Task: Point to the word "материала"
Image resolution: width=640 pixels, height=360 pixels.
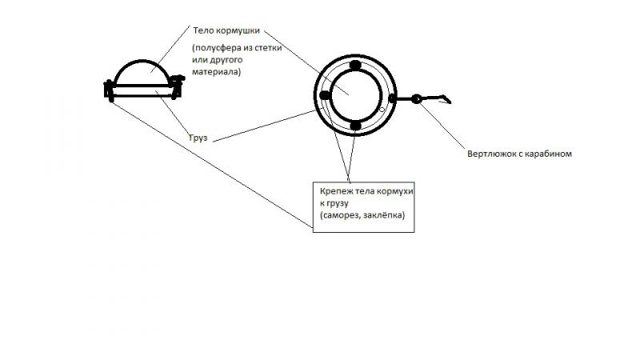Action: (217, 73)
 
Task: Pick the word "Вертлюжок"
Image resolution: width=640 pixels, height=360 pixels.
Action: (495, 153)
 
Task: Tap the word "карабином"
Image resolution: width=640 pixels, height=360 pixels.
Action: (549, 153)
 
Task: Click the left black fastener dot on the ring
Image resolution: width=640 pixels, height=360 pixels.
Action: (324, 96)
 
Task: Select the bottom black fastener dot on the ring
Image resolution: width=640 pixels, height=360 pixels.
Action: (355, 126)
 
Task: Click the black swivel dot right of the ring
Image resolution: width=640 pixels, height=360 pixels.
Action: (416, 99)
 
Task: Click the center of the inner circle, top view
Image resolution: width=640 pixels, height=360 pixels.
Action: (354, 96)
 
